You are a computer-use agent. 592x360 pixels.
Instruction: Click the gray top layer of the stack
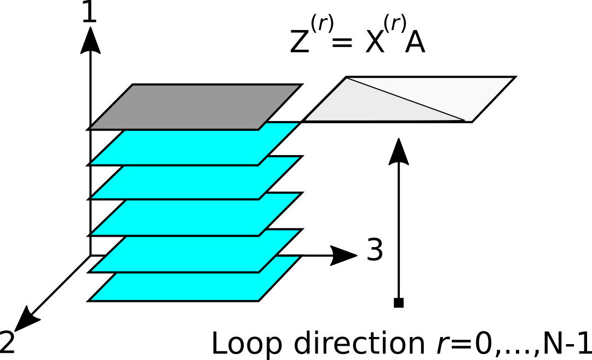point(194,107)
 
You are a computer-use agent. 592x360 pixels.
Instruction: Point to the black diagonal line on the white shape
point(405,99)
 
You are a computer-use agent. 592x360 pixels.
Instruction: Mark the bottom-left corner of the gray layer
point(91,128)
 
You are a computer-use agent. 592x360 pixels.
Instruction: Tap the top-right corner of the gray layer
point(299,85)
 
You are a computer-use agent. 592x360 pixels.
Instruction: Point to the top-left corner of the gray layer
point(133,85)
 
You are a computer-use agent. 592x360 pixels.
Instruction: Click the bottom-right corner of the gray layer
point(258,128)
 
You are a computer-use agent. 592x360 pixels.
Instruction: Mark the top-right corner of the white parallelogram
point(513,78)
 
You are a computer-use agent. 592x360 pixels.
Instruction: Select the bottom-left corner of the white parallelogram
point(306,120)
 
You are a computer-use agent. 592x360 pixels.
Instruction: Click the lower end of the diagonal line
point(464,120)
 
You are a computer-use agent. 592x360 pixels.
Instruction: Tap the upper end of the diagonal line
point(347,78)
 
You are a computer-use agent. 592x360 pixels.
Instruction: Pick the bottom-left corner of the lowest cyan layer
point(91,300)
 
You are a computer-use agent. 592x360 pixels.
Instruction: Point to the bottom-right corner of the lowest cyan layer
point(258,300)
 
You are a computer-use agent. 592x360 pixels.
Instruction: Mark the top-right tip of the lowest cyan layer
point(298,257)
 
